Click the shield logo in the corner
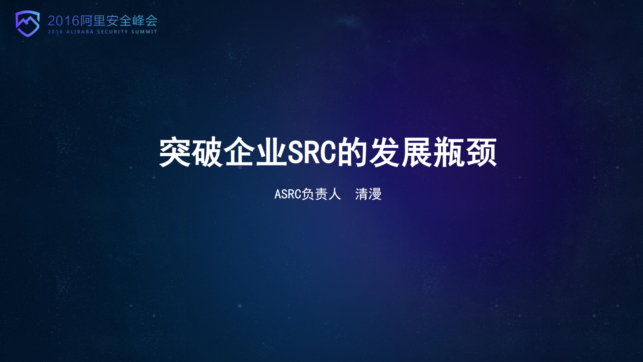(27, 23)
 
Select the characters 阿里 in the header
(93, 21)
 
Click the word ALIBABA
(80, 32)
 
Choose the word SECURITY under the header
(113, 32)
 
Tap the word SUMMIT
(144, 32)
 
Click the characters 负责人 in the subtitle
(321, 194)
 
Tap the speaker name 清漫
(368, 194)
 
